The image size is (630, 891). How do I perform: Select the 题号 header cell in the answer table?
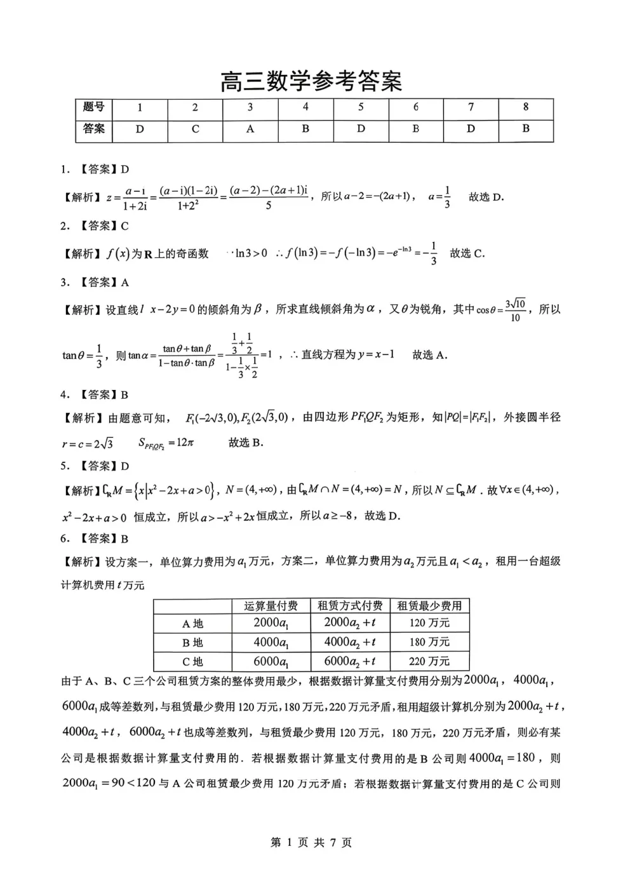(93, 107)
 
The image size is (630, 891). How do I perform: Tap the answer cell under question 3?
(250, 129)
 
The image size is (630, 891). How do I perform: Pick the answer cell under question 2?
(195, 129)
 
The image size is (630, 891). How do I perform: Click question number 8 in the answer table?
(526, 107)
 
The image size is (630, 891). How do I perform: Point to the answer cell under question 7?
(471, 129)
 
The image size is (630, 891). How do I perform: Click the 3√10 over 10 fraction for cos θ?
(515, 310)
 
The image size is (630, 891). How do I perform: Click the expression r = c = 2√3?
(88, 443)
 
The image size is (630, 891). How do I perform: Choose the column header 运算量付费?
(271, 605)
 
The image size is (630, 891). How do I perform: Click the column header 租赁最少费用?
(429, 605)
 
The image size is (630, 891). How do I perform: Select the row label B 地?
(192, 643)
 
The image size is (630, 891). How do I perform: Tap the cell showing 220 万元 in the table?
(429, 661)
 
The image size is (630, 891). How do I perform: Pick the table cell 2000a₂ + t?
(350, 624)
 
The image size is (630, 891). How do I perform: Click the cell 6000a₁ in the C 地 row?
(271, 661)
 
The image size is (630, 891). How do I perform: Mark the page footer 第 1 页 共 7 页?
(311, 843)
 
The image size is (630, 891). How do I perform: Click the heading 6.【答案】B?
(95, 539)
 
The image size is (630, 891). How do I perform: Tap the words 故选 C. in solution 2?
(467, 253)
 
